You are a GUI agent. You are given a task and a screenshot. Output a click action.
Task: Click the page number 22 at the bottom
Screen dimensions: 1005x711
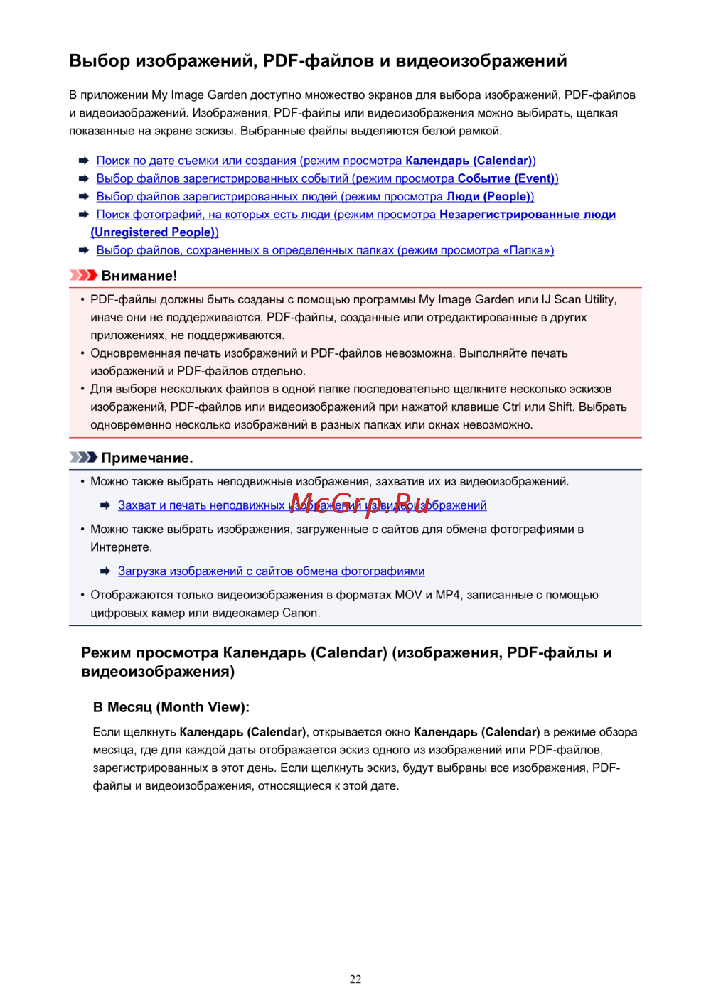[x=355, y=979]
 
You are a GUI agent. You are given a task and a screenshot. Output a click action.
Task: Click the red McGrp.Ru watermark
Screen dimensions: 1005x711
[x=360, y=503]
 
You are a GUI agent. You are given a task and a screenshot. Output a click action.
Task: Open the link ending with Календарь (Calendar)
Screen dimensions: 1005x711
[x=316, y=161]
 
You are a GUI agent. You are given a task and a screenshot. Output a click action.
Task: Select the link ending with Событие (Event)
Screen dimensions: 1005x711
[x=327, y=178]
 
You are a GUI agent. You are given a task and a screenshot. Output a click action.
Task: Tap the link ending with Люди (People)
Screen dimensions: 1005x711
[x=315, y=196]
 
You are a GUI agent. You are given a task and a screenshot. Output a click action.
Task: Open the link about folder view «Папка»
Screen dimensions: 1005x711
[x=325, y=250]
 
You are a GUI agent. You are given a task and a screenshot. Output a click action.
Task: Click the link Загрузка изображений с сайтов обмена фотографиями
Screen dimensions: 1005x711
[x=271, y=571]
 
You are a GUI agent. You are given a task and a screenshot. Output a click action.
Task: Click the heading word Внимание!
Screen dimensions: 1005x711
[x=139, y=276]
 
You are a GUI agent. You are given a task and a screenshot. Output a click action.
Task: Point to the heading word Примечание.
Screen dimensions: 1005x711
[x=147, y=458]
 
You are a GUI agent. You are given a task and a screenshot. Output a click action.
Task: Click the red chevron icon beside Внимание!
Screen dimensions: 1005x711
[x=83, y=275]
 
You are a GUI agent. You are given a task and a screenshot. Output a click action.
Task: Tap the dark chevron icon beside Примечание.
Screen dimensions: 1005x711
[x=83, y=457]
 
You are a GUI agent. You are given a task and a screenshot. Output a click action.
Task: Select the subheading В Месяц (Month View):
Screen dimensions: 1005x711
[x=171, y=707]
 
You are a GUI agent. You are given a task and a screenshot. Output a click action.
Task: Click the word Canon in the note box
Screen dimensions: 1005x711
[x=300, y=613]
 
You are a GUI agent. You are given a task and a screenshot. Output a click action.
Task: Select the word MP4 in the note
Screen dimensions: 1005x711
[x=448, y=595]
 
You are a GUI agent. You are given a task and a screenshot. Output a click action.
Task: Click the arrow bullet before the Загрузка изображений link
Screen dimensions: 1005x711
[x=105, y=571]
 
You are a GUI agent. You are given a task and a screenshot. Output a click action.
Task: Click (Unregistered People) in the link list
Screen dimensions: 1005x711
[x=154, y=232]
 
